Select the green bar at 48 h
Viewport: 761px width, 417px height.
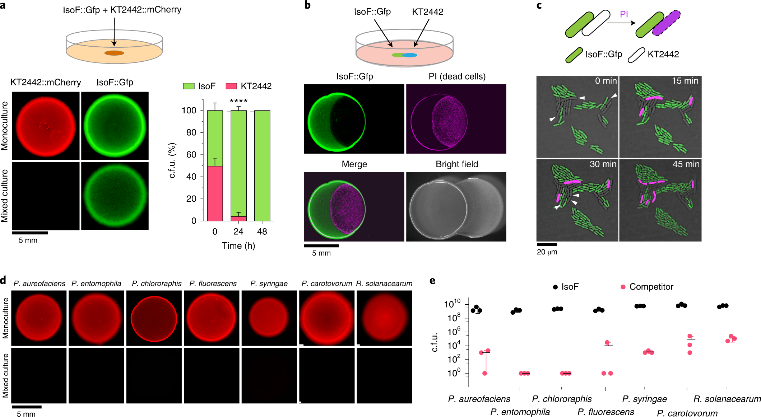click(x=262, y=165)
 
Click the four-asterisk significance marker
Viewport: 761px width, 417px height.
click(x=238, y=101)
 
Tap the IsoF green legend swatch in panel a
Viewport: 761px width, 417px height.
click(x=189, y=86)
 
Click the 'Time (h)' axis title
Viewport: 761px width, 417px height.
click(x=238, y=246)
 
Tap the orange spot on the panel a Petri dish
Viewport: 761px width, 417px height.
click(x=114, y=53)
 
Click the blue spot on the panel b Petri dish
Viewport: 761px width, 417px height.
click(x=410, y=55)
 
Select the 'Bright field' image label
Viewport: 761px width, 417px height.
click(x=457, y=164)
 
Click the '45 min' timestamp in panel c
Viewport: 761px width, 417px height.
click(x=686, y=164)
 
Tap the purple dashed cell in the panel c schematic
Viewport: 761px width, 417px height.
click(x=666, y=23)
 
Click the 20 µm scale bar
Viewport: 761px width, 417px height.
click(x=547, y=245)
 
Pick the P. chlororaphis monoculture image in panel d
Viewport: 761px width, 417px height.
click(x=154, y=318)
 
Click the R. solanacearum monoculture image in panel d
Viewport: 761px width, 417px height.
click(x=384, y=318)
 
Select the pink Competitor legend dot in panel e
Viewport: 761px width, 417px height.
click(x=623, y=287)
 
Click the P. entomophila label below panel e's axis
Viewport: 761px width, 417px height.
click(x=520, y=412)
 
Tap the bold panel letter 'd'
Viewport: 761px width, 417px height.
click(x=4, y=280)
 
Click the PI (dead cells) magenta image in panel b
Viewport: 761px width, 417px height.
click(x=456, y=119)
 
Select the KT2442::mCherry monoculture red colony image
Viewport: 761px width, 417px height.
click(x=46, y=126)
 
